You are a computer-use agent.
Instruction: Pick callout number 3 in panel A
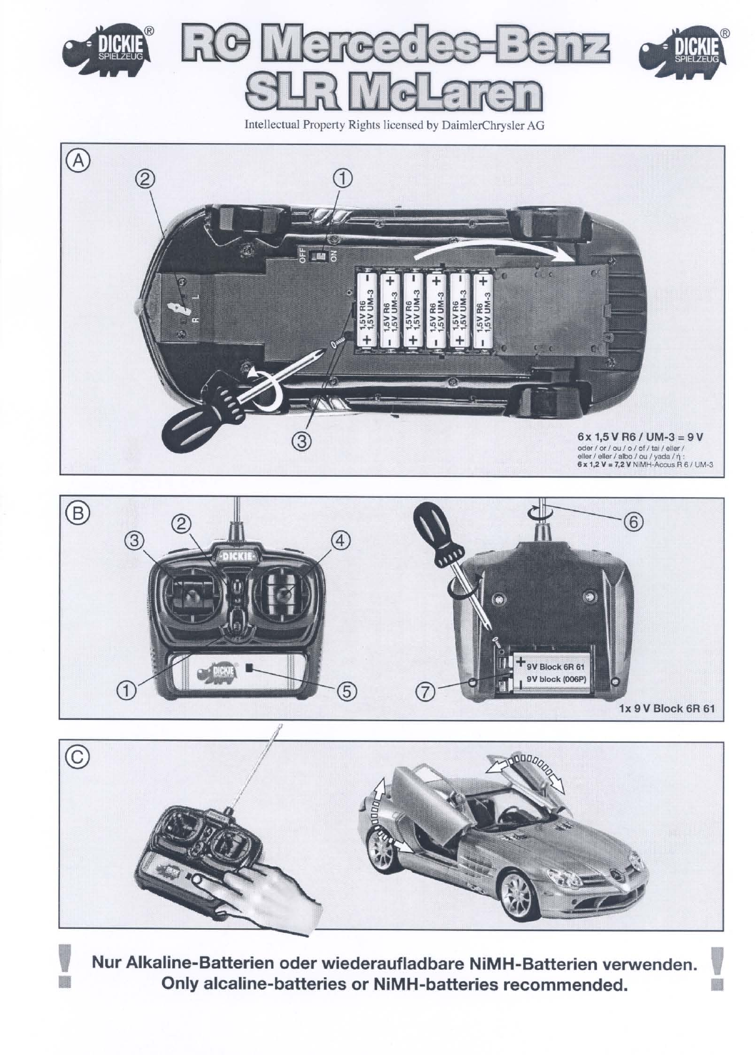click(x=300, y=442)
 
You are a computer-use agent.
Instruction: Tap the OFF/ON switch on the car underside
click(x=320, y=255)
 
